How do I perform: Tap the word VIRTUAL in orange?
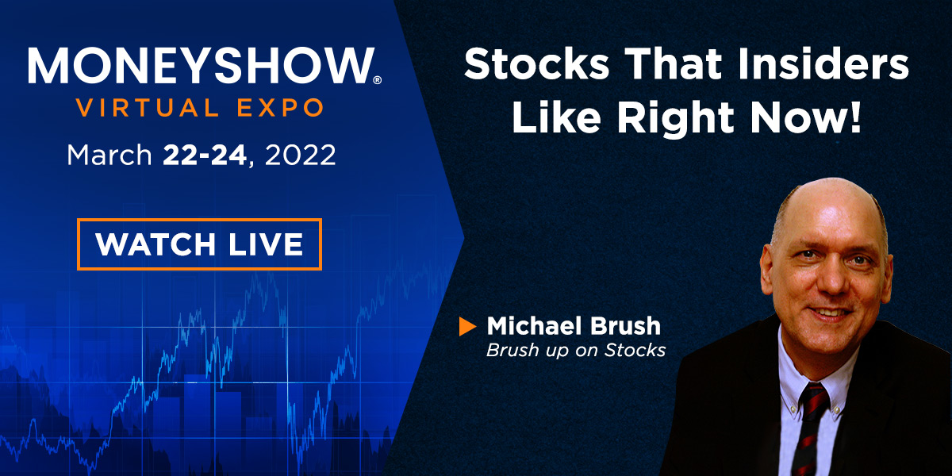(148, 108)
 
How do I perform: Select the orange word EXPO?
(281, 108)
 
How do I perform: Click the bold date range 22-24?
(205, 155)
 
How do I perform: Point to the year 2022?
(300, 155)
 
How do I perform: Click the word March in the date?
(109, 155)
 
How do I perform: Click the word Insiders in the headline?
(823, 64)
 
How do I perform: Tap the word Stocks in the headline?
(537, 64)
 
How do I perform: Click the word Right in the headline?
(675, 119)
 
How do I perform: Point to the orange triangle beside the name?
(467, 326)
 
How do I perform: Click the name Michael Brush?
(574, 326)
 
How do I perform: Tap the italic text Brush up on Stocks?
(576, 351)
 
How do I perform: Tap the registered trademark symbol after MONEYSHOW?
(377, 80)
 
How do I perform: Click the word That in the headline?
(674, 64)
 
